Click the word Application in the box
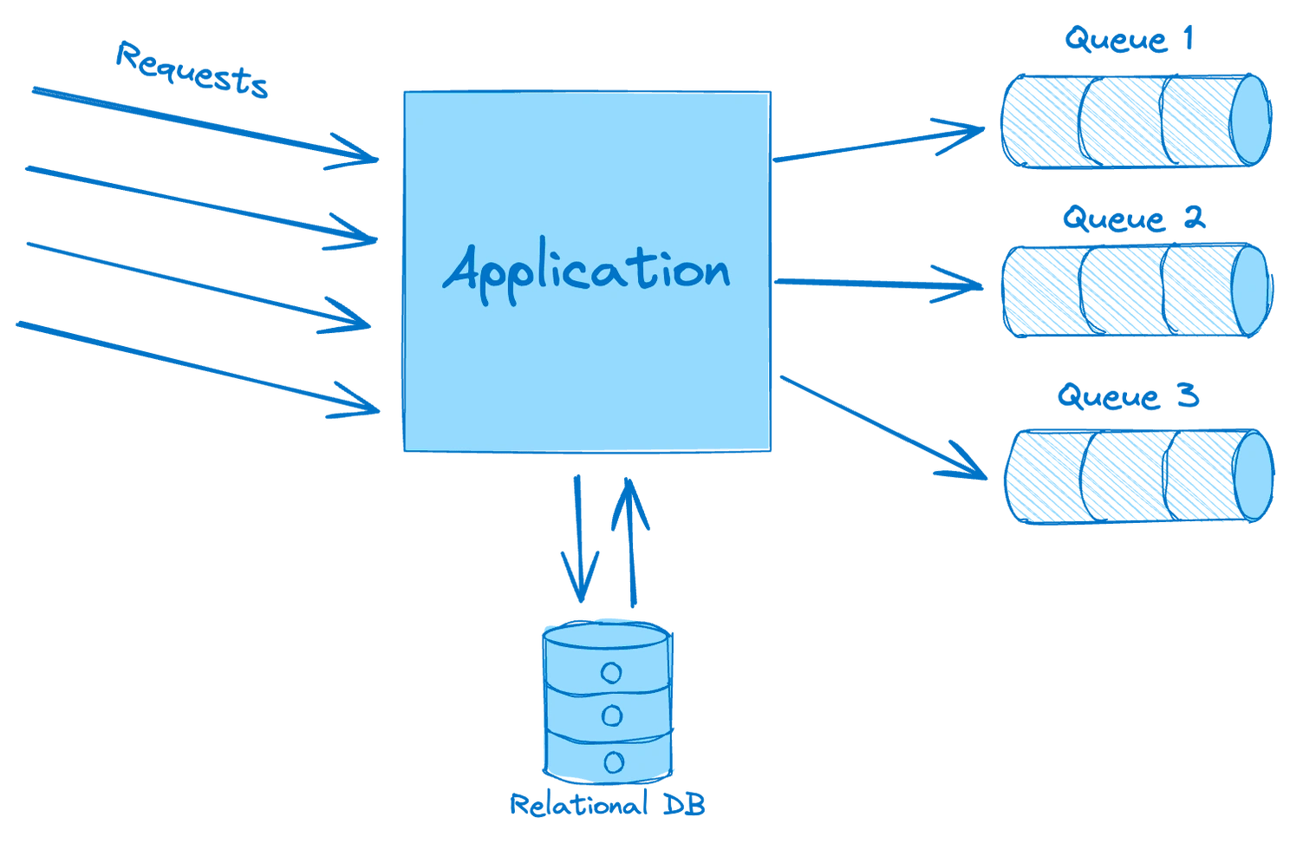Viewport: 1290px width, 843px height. point(586,271)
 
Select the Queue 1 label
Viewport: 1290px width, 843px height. point(1130,40)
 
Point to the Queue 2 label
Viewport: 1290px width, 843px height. point(1133,219)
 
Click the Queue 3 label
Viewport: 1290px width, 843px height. point(1128,397)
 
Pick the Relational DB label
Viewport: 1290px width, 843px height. point(608,805)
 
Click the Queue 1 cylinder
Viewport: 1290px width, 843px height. point(1135,121)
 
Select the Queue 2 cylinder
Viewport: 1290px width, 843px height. point(1137,290)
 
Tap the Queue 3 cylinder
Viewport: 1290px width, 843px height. point(1138,475)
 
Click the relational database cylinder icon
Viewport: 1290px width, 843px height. point(608,702)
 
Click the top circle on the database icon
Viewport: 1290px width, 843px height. point(612,672)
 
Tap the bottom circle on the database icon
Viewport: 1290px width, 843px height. point(613,761)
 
